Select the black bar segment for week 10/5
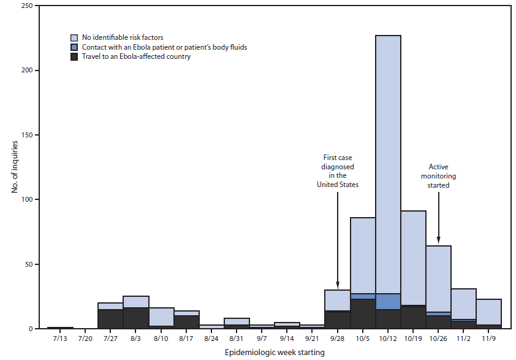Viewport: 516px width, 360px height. pyautogui.click(x=362, y=313)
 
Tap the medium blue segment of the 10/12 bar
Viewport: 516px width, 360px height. pyautogui.click(x=388, y=302)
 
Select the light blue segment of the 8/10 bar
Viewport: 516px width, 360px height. pyautogui.click(x=161, y=316)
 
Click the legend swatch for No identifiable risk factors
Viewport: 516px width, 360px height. pyautogui.click(x=74, y=37)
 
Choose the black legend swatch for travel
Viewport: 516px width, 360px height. pyautogui.click(x=74, y=56)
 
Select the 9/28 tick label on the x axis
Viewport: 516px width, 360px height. pyautogui.click(x=337, y=338)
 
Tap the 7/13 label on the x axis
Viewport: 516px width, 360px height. pyautogui.click(x=59, y=338)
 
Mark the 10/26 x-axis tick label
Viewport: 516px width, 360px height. pyautogui.click(x=438, y=338)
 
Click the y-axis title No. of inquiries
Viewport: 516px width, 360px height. pyautogui.click(x=15, y=167)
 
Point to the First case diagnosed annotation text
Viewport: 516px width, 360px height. pyautogui.click(x=337, y=170)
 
